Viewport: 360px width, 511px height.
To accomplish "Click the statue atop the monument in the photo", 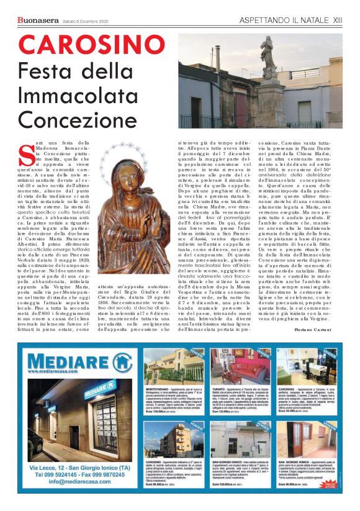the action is click(266, 53).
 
